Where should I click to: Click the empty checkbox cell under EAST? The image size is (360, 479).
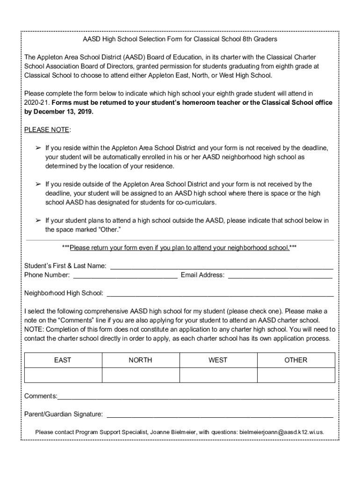coord(63,375)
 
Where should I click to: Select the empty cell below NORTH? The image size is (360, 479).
coord(141,375)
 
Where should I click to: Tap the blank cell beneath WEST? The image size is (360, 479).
coord(218,375)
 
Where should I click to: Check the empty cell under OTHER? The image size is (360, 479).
coord(296,375)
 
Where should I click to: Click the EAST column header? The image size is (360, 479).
coord(63,360)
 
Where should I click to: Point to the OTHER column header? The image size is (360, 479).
coord(296,360)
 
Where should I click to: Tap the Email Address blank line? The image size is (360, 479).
coord(280,276)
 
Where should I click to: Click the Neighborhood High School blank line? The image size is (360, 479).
coord(220,294)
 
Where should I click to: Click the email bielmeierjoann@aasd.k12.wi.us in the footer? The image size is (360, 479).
coord(281,432)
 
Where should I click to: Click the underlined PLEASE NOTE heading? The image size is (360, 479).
coord(47,130)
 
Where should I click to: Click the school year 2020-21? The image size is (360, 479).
coord(37,102)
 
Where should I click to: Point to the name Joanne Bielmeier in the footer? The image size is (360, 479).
coord(173,432)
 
